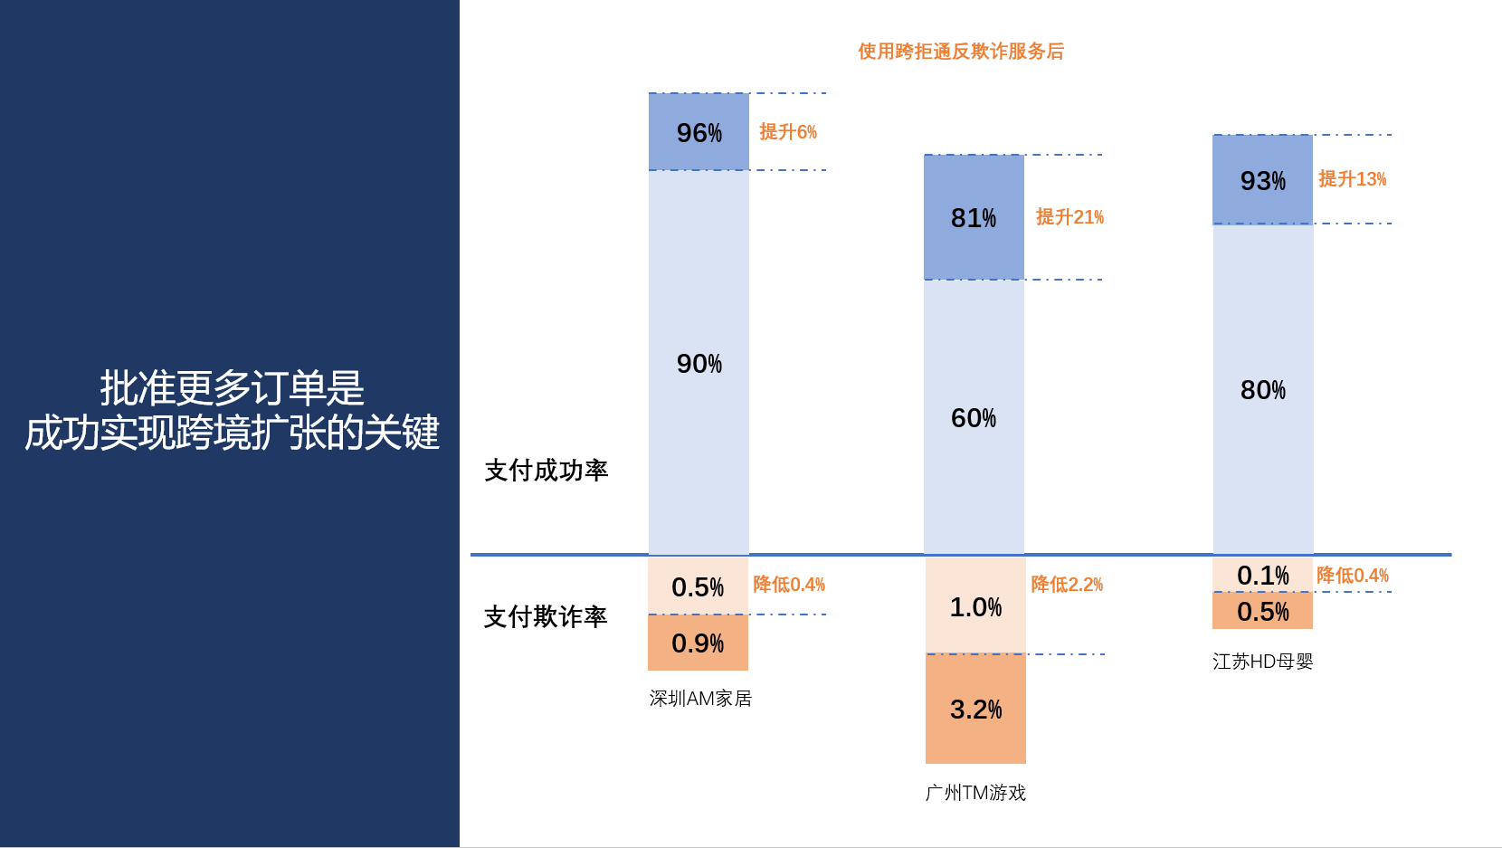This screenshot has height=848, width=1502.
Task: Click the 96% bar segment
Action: [699, 131]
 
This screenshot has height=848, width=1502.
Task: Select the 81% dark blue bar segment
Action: [974, 217]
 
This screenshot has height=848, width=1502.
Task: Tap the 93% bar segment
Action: [1262, 179]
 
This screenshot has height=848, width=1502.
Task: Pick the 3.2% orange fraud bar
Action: [975, 709]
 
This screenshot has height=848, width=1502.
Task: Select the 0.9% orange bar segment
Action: [698, 643]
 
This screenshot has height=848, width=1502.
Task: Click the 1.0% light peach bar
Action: [975, 606]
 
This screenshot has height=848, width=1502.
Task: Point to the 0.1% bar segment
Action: [1262, 575]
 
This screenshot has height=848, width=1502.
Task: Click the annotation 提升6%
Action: [788, 132]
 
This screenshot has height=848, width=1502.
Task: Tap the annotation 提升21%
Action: [1069, 217]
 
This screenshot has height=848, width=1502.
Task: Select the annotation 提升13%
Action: [1352, 179]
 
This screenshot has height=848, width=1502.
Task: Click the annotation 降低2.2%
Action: [1067, 585]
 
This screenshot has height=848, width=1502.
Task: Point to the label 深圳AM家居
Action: [700, 699]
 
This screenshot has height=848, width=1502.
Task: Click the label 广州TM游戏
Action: [975, 793]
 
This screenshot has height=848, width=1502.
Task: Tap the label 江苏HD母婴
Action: [1262, 662]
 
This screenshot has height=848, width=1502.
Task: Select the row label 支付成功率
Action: [547, 471]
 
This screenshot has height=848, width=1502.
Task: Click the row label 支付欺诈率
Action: [546, 617]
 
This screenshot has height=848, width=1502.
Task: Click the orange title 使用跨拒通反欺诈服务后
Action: [961, 52]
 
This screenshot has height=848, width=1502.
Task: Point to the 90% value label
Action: [699, 364]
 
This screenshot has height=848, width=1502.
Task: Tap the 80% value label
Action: [1262, 390]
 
